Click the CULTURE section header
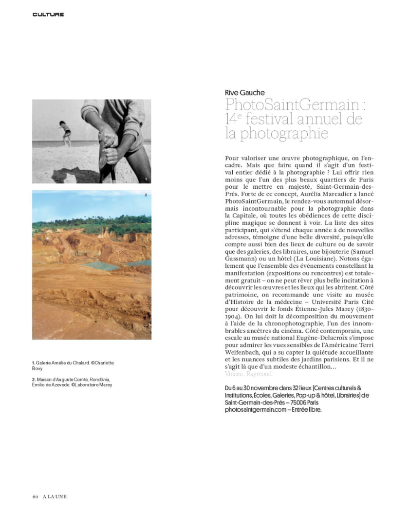coord(48,15)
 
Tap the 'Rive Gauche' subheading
coord(245,93)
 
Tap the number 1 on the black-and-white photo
coord(146,180)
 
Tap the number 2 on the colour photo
coord(146,196)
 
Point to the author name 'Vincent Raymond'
coord(248,374)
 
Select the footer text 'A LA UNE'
coord(55,497)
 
